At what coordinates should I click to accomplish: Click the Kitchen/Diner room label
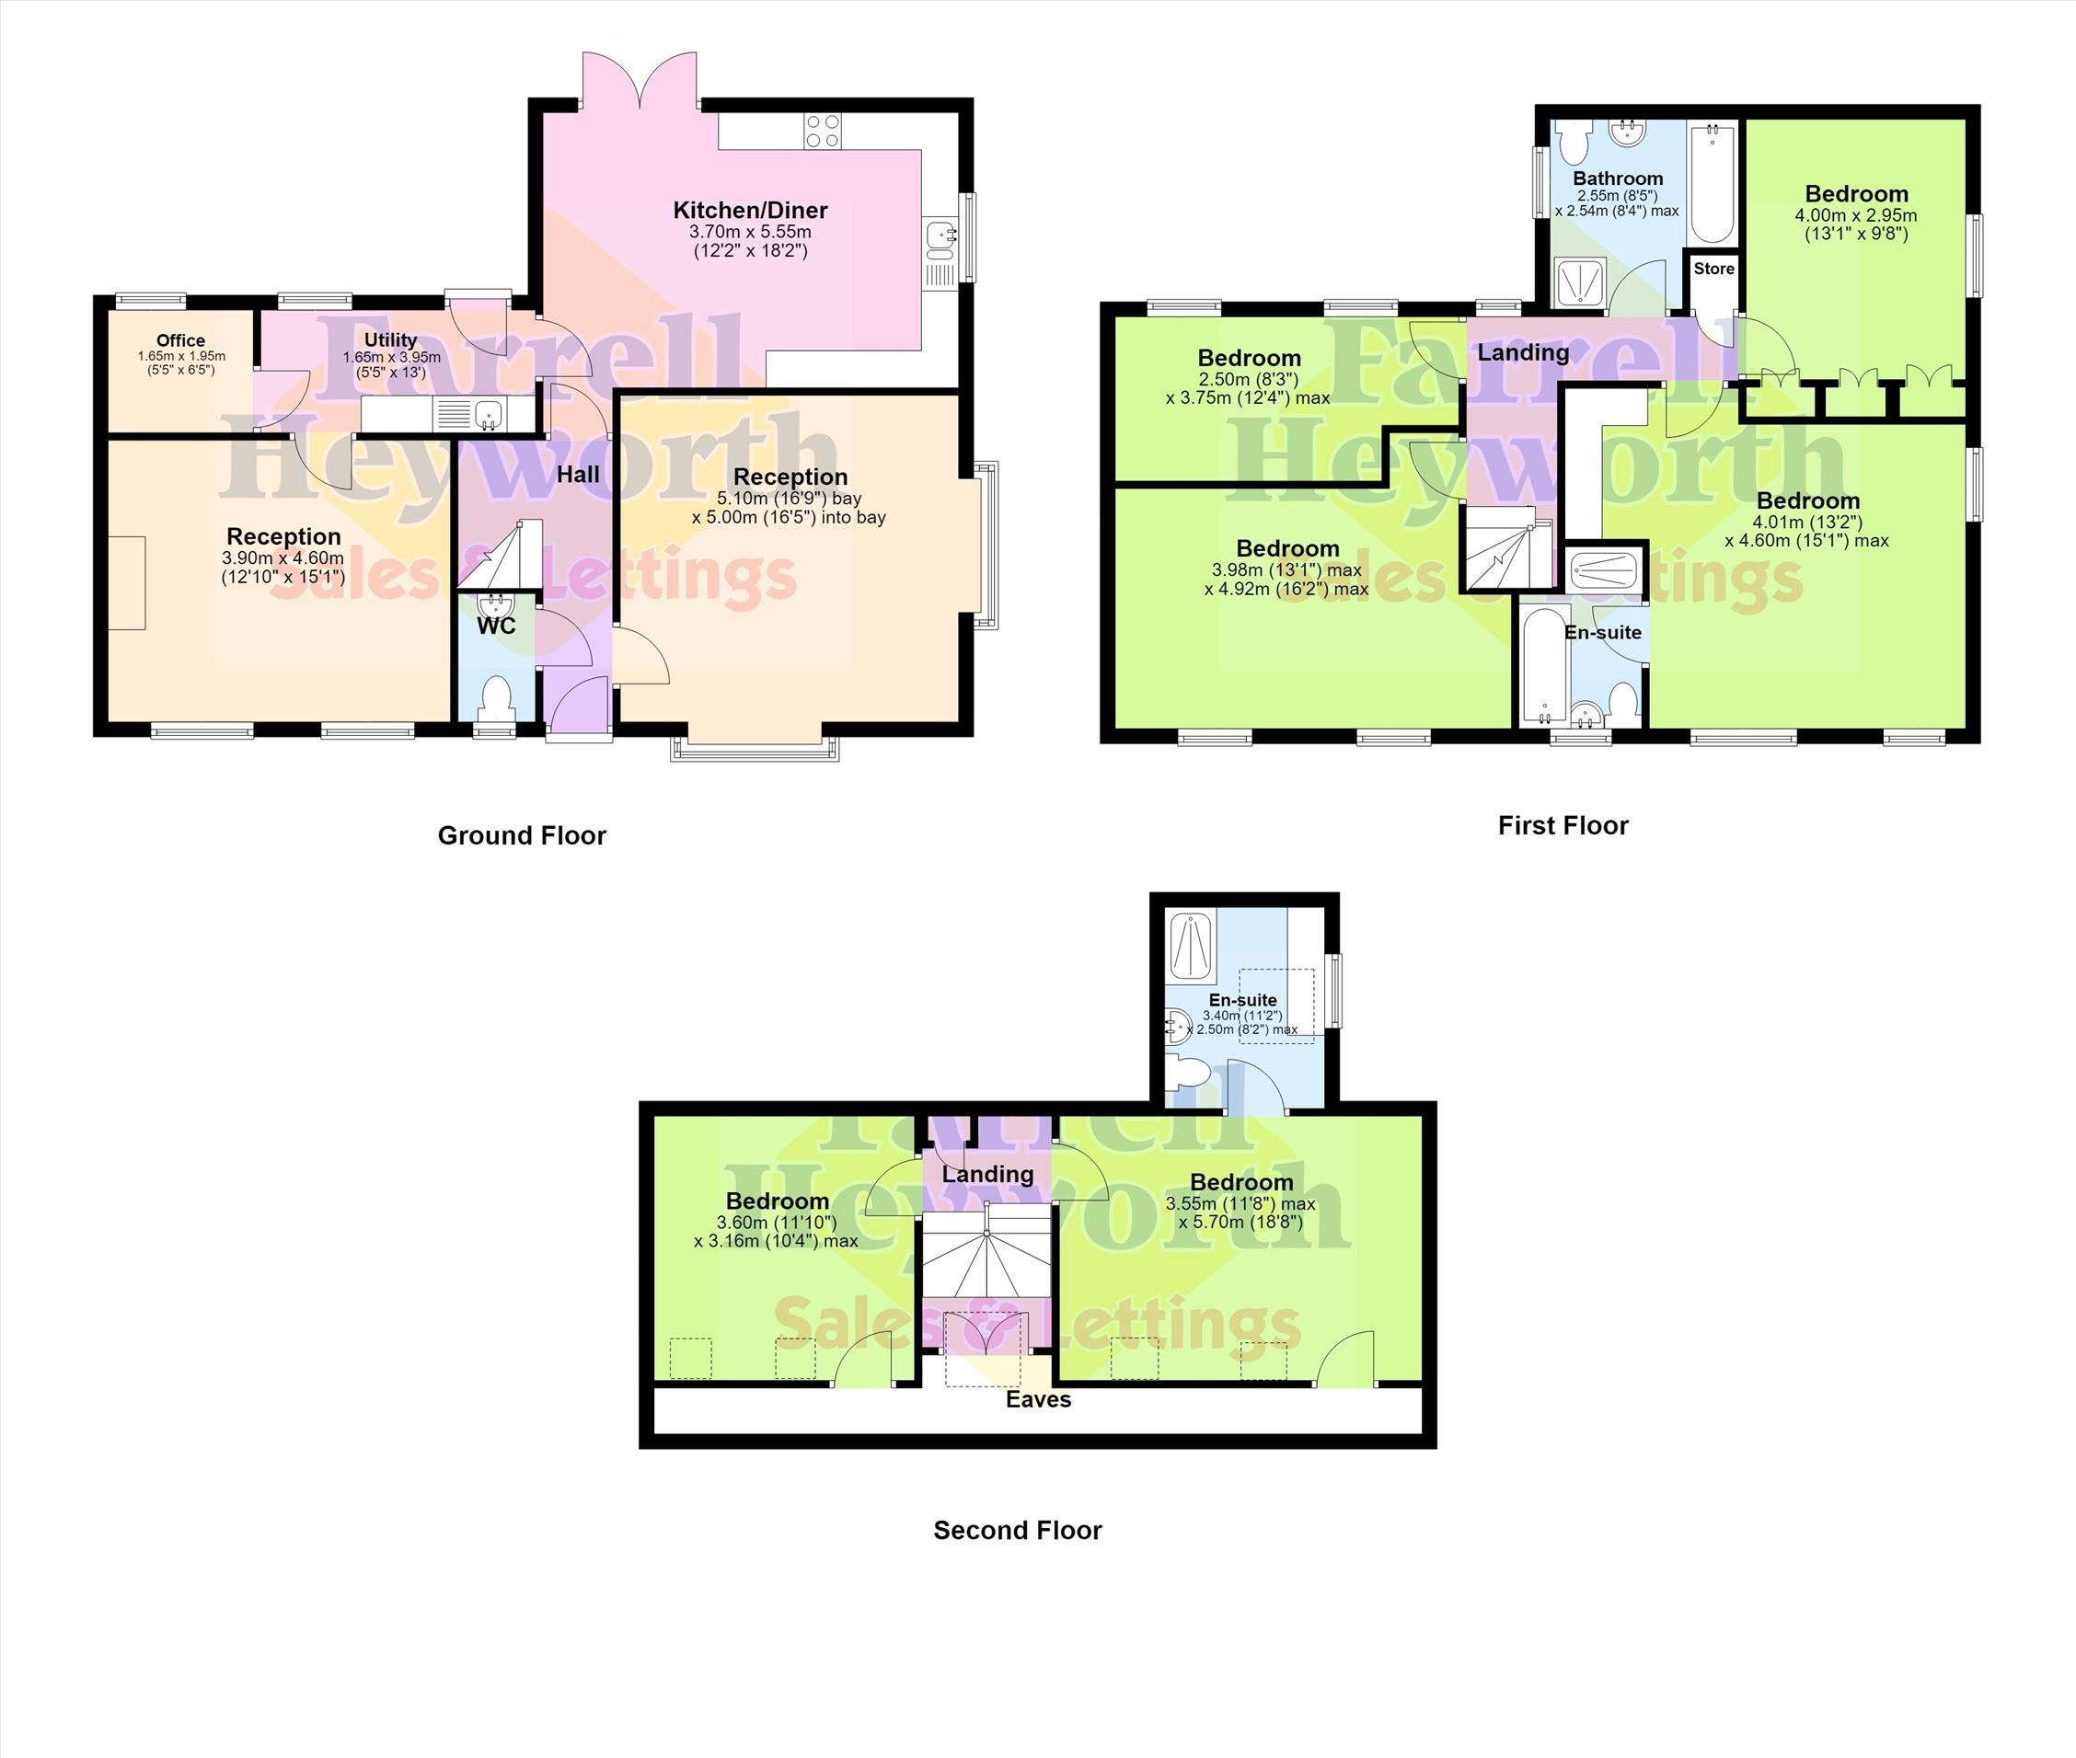pyautogui.click(x=751, y=211)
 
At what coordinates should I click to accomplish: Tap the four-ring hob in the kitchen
pyautogui.click(x=823, y=132)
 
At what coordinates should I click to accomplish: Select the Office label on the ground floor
pyautogui.click(x=180, y=340)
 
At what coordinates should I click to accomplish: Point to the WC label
pyautogui.click(x=496, y=626)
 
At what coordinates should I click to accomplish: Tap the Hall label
pyautogui.click(x=578, y=475)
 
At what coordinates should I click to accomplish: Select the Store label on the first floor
pyautogui.click(x=1714, y=269)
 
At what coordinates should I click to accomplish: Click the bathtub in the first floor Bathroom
pyautogui.click(x=1713, y=184)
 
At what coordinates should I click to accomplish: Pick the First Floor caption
pyautogui.click(x=1563, y=825)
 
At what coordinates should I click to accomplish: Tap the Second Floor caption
pyautogui.click(x=1018, y=1531)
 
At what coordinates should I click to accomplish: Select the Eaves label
pyautogui.click(x=1039, y=1400)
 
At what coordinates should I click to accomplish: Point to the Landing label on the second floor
pyautogui.click(x=987, y=1175)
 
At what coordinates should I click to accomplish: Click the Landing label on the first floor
pyautogui.click(x=1523, y=353)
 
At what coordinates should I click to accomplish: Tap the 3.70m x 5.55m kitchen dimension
pyautogui.click(x=751, y=232)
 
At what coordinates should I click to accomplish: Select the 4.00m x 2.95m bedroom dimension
pyautogui.click(x=1856, y=215)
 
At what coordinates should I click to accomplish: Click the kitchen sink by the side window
pyautogui.click(x=940, y=236)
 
